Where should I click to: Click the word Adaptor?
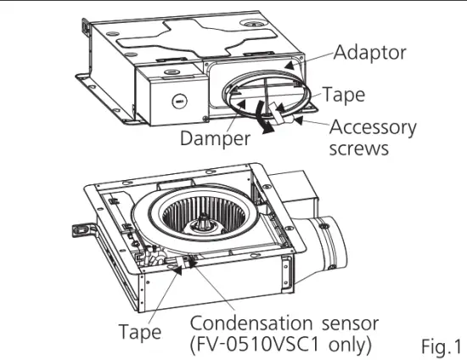tap(370, 53)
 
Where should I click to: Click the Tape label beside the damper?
tap(343, 93)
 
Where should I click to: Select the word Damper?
tap(214, 138)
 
